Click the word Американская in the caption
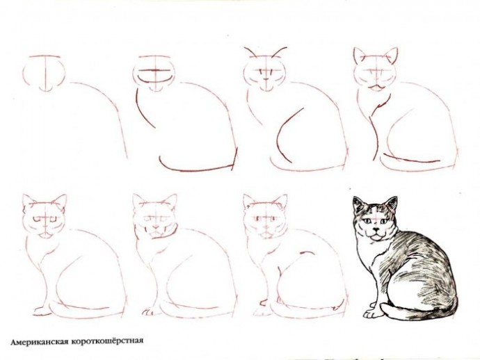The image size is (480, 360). pyautogui.click(x=39, y=342)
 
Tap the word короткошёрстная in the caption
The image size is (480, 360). pyautogui.click(x=107, y=341)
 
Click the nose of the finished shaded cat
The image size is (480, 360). pyautogui.click(x=376, y=229)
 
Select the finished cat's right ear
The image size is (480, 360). pyautogui.click(x=391, y=204)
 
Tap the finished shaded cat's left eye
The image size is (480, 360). pyautogui.click(x=366, y=220)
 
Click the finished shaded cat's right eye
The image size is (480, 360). pyautogui.click(x=383, y=220)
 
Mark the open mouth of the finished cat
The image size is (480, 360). pyautogui.click(x=376, y=236)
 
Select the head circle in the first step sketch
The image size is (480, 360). pyautogui.click(x=44, y=74)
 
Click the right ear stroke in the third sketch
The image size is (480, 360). pyautogui.click(x=279, y=52)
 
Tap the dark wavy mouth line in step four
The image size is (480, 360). pyautogui.click(x=377, y=87)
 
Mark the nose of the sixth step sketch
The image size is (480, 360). pyautogui.click(x=156, y=227)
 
